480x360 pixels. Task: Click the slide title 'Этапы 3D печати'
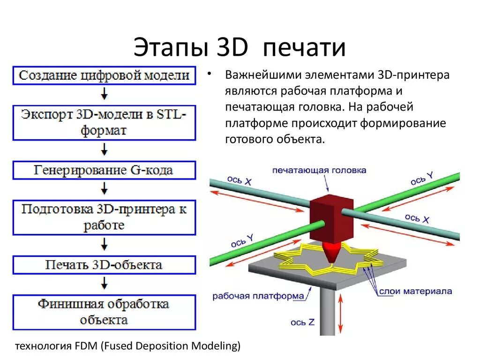(x=240, y=48)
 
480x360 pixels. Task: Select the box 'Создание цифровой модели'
(x=104, y=75)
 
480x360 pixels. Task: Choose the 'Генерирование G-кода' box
(x=104, y=170)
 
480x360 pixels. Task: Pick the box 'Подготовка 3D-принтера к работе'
(x=104, y=217)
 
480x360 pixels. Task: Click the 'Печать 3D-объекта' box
(x=104, y=265)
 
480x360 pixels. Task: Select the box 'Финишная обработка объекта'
(x=104, y=312)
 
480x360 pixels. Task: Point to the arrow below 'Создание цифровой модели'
(x=105, y=94)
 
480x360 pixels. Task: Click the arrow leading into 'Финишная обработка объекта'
(x=105, y=283)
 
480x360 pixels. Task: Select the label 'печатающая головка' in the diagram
(x=319, y=171)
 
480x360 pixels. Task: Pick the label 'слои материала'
(x=415, y=291)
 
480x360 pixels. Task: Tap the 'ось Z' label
(x=305, y=322)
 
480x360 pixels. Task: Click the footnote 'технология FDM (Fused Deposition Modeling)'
(x=128, y=346)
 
